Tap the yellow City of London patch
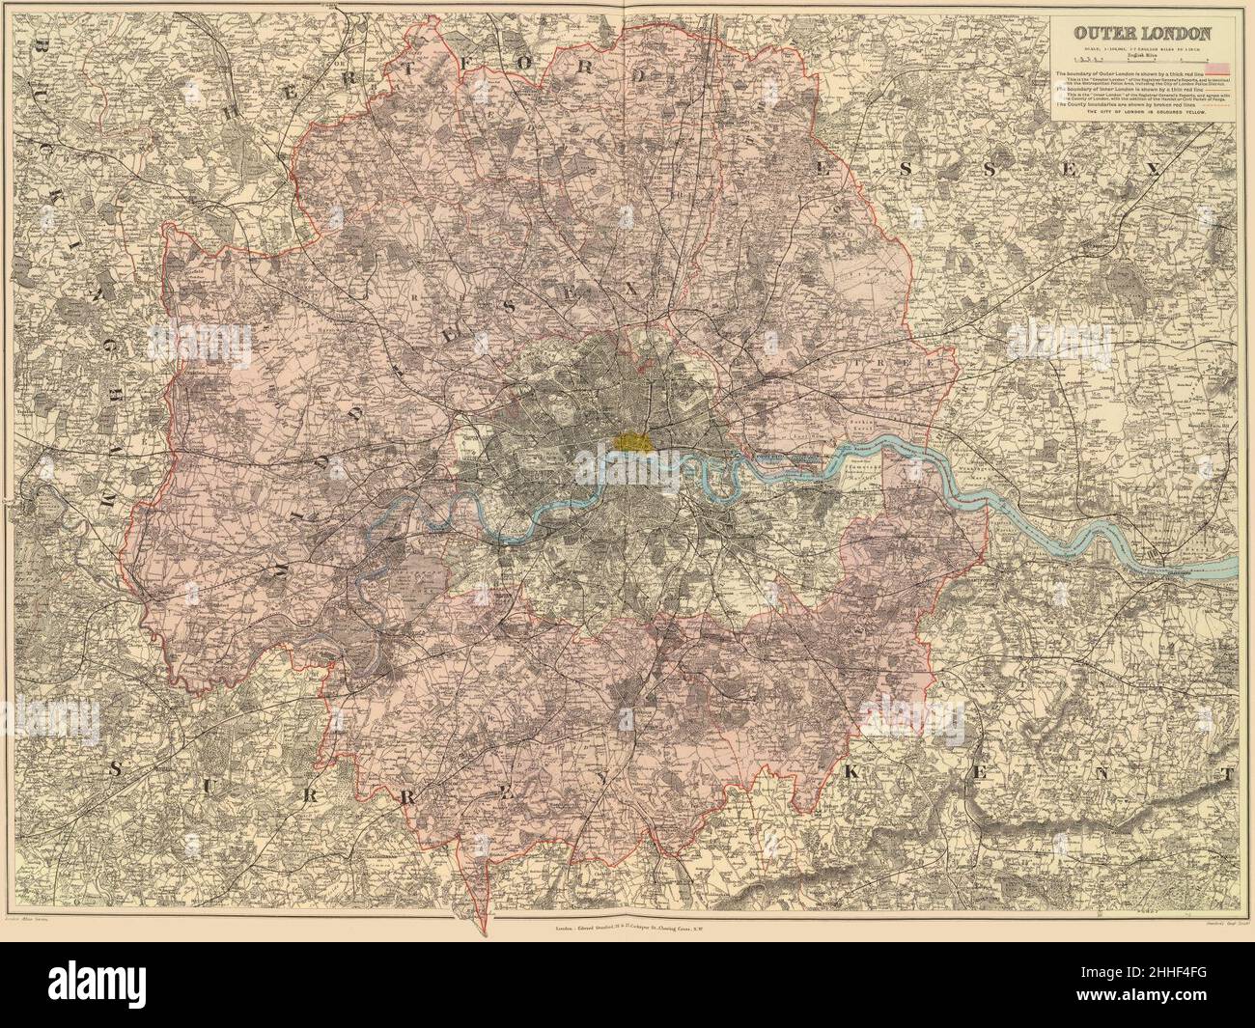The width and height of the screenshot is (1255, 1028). pos(632,441)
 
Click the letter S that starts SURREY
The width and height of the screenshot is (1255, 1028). pos(115,769)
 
